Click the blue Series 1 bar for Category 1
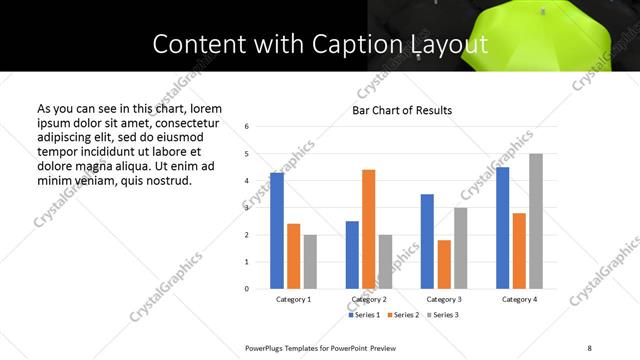(x=277, y=231)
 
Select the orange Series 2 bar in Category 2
(x=368, y=229)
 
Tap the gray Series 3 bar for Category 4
(x=536, y=221)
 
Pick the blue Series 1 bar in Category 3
(x=427, y=241)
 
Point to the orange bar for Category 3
(x=444, y=264)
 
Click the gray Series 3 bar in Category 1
(x=310, y=262)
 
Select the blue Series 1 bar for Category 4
(x=502, y=228)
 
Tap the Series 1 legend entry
(x=363, y=315)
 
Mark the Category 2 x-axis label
(x=368, y=299)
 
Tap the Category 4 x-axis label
(x=519, y=299)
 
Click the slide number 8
(x=589, y=347)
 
